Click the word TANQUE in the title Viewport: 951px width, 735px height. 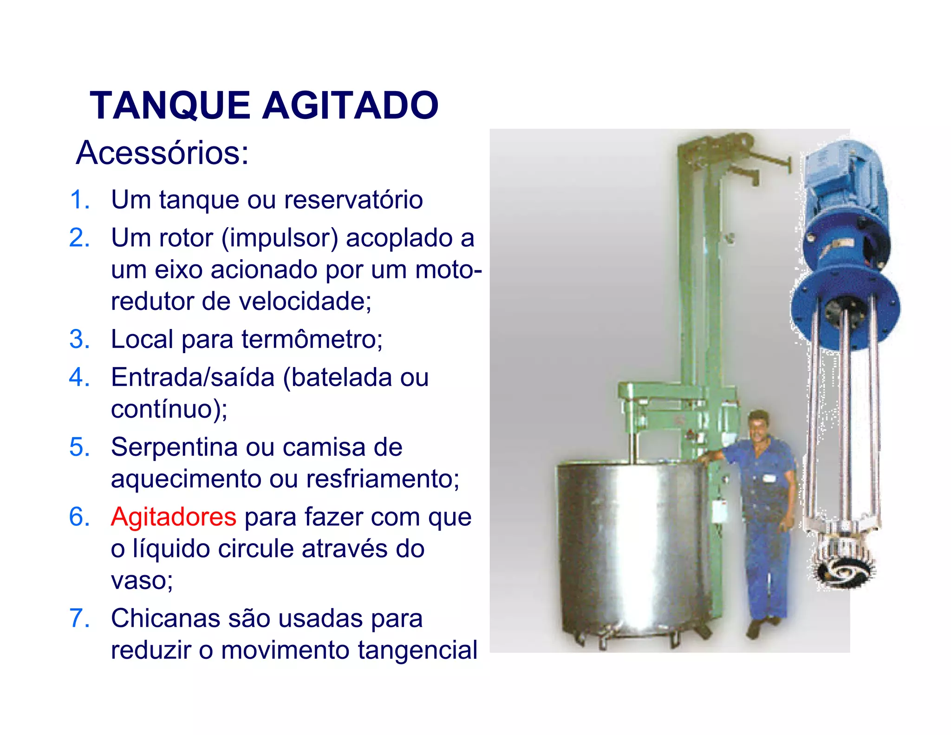pyautogui.click(x=170, y=105)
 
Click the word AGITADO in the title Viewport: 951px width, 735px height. pyautogui.click(x=351, y=105)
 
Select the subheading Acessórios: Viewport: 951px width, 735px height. pyautogui.click(x=163, y=153)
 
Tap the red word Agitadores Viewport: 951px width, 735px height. pyautogui.click(x=174, y=517)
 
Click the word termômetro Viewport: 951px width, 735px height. pyautogui.click(x=311, y=339)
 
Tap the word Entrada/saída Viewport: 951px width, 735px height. pyautogui.click(x=193, y=377)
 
